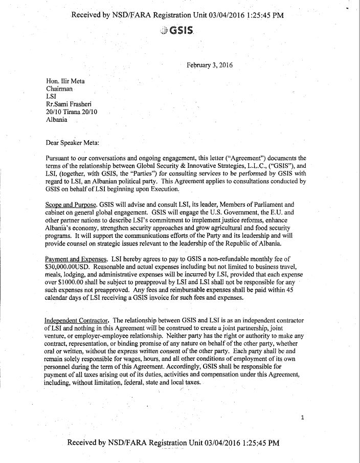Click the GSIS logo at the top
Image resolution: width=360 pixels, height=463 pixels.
click(x=176, y=30)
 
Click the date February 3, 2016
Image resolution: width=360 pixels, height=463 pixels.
click(x=210, y=65)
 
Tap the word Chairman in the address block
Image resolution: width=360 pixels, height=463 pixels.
click(x=61, y=89)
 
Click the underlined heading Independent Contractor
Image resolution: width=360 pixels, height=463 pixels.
click(x=76, y=321)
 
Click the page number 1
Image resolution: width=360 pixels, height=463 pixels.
click(x=303, y=418)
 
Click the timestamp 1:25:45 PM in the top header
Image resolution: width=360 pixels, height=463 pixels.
click(x=257, y=15)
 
